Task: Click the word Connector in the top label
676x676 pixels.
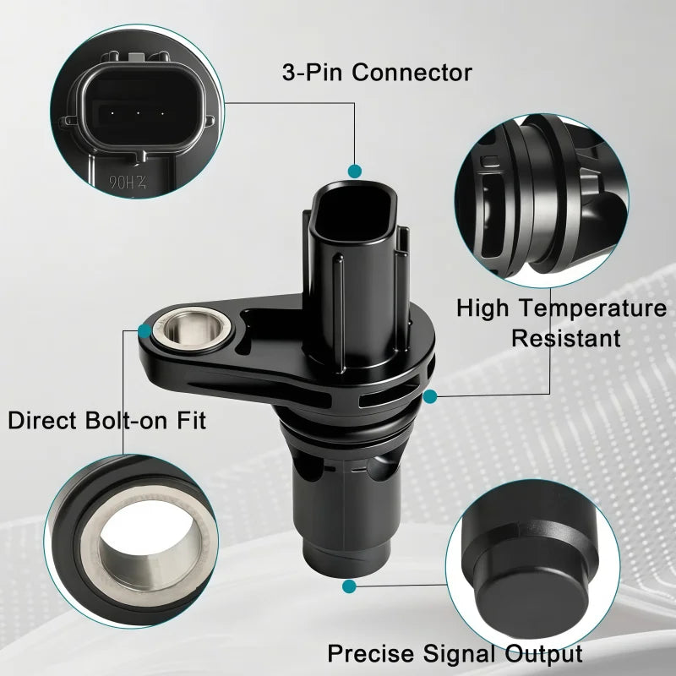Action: click(x=412, y=73)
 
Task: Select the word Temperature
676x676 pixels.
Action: click(x=592, y=308)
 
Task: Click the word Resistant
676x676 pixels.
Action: click(x=565, y=338)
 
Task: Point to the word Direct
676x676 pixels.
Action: click(x=41, y=420)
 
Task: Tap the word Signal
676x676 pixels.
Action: click(x=459, y=654)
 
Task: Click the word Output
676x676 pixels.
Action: click(x=543, y=654)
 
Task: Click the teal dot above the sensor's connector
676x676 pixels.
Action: click(x=354, y=172)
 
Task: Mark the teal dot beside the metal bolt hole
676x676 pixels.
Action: click(x=144, y=331)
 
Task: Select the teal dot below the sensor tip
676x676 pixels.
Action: click(x=349, y=586)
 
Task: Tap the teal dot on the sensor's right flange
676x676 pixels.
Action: click(x=430, y=396)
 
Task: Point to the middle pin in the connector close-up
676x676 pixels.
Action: click(x=138, y=114)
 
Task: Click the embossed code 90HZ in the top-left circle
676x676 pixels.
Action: click(x=128, y=183)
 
